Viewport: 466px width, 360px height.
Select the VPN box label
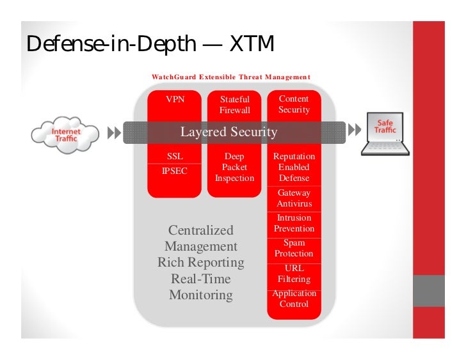click(x=175, y=100)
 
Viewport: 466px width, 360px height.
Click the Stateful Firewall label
click(x=235, y=105)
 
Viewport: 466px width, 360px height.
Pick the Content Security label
click(x=294, y=104)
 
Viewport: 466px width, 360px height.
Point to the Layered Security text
click(x=229, y=132)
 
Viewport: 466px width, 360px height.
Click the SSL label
click(x=175, y=156)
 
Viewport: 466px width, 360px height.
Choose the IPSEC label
click(x=175, y=171)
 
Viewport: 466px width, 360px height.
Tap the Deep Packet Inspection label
click(x=235, y=167)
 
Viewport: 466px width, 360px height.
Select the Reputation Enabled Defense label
click(x=294, y=167)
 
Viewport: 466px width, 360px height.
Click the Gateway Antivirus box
click(x=294, y=198)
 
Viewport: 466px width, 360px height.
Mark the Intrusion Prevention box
click(x=294, y=223)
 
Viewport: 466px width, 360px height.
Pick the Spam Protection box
click(x=294, y=248)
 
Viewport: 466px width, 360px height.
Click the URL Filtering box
click(x=294, y=274)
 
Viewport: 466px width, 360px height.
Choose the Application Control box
click(x=294, y=299)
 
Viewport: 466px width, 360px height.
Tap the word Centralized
click(x=200, y=230)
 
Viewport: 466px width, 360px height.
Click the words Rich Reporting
click(x=200, y=263)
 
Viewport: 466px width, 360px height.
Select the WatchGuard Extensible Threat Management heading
click(x=230, y=77)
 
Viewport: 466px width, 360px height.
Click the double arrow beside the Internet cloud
click(x=114, y=133)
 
